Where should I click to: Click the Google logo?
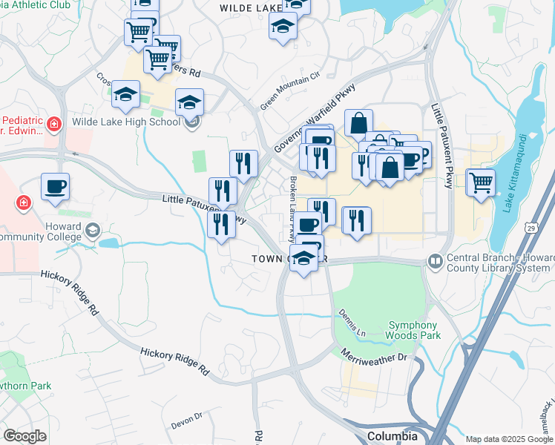click(24, 436)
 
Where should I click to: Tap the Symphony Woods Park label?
click(413, 330)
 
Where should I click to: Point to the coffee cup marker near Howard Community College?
click(55, 187)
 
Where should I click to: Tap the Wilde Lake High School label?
click(125, 122)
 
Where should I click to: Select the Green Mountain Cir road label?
click(289, 90)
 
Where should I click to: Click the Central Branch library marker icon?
click(434, 261)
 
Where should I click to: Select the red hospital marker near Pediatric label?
click(53, 123)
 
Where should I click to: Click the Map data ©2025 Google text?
click(509, 439)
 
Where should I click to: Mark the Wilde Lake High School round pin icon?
click(192, 122)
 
